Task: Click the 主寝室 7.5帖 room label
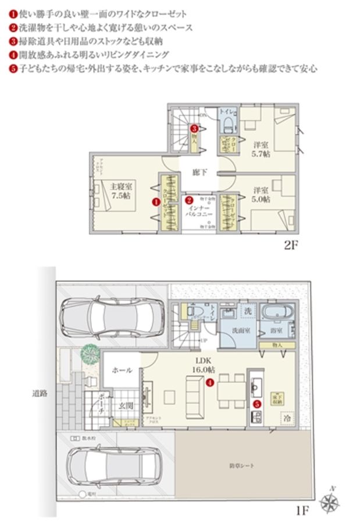click(122, 191)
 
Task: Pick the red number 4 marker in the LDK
click(209, 382)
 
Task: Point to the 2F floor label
click(291, 245)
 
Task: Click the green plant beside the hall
click(90, 352)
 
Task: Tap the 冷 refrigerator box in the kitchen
click(287, 418)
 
